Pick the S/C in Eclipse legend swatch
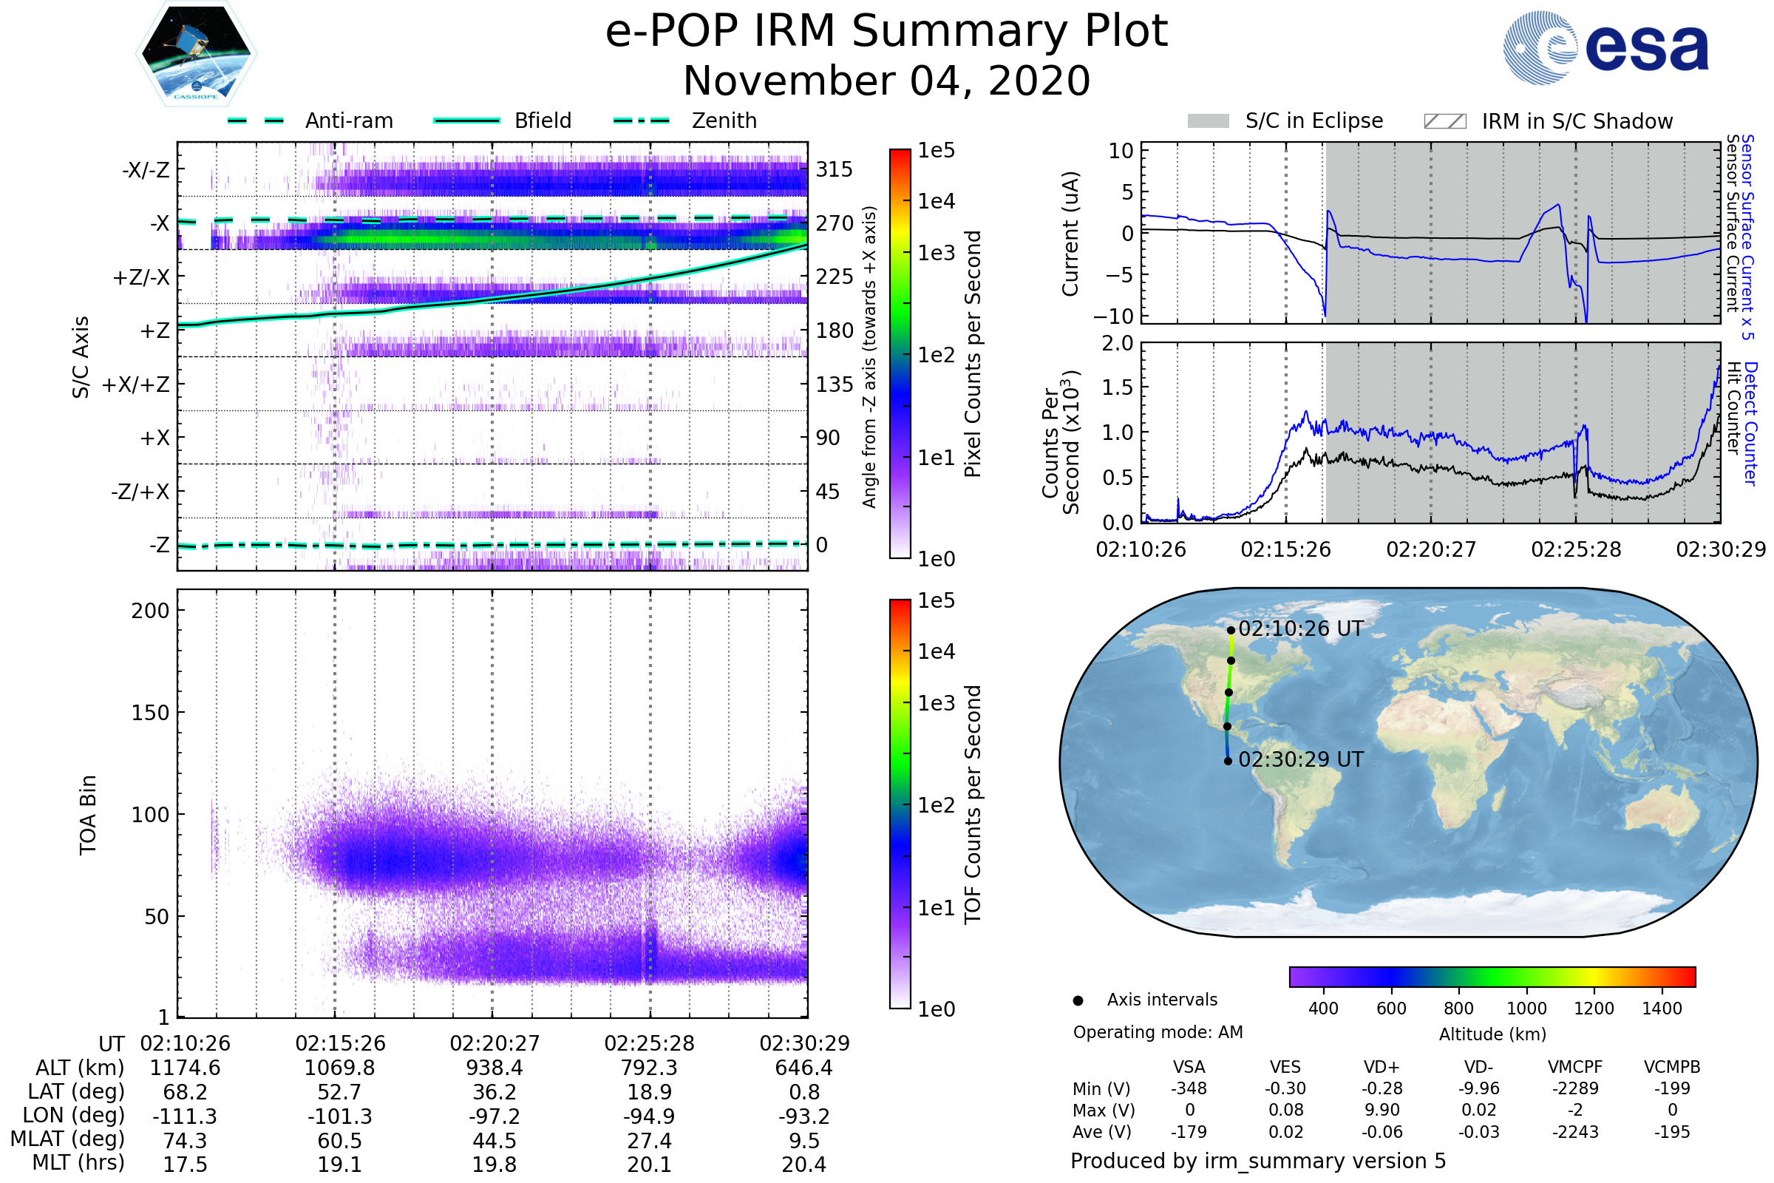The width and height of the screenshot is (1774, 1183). [x=1208, y=121]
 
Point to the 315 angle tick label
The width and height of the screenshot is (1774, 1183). [x=835, y=170]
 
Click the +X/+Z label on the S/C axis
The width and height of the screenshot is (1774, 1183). [x=136, y=384]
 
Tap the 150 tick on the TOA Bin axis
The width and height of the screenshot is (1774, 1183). [x=150, y=713]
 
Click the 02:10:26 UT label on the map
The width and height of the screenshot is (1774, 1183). [x=1300, y=628]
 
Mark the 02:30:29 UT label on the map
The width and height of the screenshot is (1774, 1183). [x=1300, y=759]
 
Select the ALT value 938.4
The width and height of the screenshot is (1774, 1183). [x=494, y=1068]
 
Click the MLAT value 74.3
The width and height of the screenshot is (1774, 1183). [x=185, y=1140]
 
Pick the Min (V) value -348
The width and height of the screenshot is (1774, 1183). [x=1189, y=1088]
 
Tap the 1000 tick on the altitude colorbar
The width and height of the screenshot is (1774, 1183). [x=1526, y=1009]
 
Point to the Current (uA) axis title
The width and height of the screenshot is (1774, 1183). [x=1070, y=234]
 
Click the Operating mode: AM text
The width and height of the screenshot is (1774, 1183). [x=1158, y=1032]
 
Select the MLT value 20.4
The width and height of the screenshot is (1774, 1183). [x=803, y=1164]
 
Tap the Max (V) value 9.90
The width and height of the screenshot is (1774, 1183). [x=1382, y=1110]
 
